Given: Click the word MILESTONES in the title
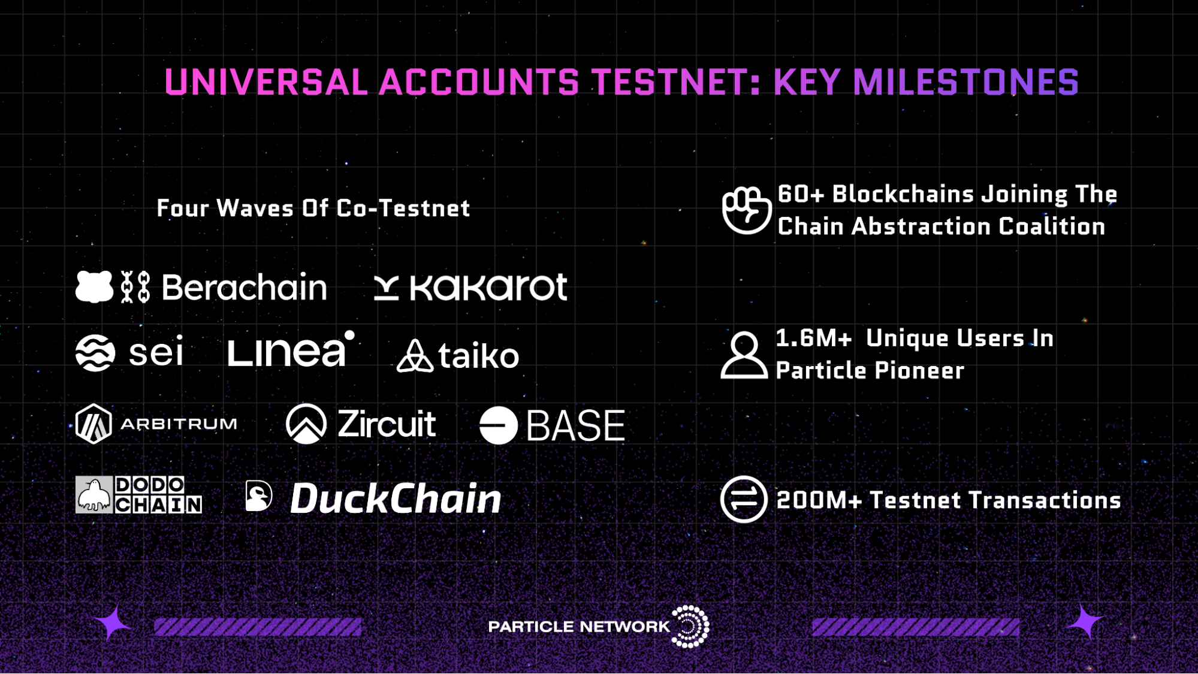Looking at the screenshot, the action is point(965,82).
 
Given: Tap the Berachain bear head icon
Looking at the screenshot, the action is point(94,286).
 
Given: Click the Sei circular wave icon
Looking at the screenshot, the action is point(95,352).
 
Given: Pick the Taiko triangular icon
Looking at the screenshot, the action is point(415,356).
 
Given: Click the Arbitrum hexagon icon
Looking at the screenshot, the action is point(93,424).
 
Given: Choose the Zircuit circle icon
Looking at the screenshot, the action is point(306,424).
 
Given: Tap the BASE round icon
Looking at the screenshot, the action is point(499,425).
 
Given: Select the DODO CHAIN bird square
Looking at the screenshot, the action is point(94,495).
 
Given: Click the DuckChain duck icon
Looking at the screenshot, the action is point(259,496).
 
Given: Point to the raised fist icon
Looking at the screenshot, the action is point(746,209).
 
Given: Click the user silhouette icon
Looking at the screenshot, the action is point(744,355).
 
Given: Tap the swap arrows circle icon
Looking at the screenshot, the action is point(744,499).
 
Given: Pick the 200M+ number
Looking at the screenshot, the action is point(819,500).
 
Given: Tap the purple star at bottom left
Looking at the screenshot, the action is point(111,624).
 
